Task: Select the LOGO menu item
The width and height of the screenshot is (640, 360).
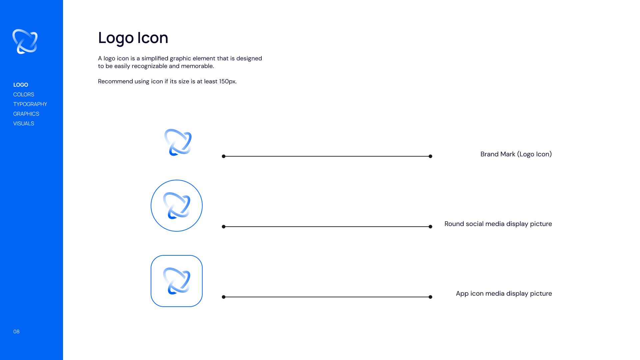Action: click(x=21, y=85)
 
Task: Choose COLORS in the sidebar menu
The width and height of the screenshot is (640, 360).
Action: click(x=24, y=95)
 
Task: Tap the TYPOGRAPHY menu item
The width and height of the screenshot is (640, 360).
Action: click(x=30, y=104)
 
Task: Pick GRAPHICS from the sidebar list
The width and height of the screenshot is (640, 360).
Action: click(x=26, y=114)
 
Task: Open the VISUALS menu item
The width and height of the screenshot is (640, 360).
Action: click(x=24, y=124)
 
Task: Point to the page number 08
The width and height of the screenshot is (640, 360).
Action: click(x=16, y=332)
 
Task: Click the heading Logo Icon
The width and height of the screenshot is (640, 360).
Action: click(x=133, y=38)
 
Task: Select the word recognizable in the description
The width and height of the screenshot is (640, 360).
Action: click(x=149, y=66)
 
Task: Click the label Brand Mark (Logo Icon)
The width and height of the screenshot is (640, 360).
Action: click(x=516, y=154)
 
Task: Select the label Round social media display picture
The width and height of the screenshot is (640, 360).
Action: click(x=498, y=224)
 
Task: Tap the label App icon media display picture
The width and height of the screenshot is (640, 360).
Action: click(x=504, y=294)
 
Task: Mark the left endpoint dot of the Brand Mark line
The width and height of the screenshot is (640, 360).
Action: click(x=224, y=156)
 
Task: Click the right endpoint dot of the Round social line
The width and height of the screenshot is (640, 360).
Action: click(x=430, y=227)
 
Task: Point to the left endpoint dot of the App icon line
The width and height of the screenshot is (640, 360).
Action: click(x=224, y=297)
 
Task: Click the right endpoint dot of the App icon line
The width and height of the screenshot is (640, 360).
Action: click(x=430, y=297)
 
